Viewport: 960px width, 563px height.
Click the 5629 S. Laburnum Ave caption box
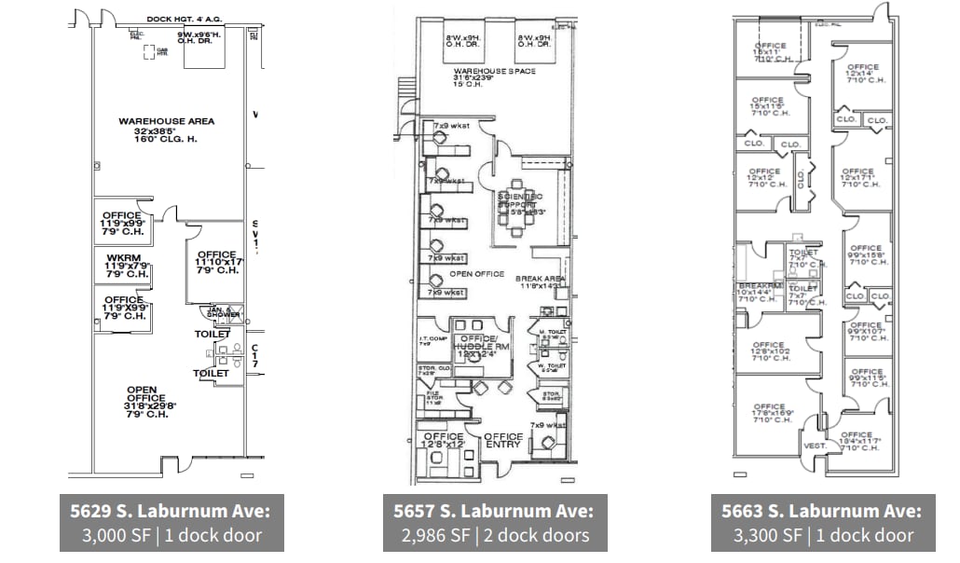171,523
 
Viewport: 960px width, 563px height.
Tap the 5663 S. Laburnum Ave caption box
822,523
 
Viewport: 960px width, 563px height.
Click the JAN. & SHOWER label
219,313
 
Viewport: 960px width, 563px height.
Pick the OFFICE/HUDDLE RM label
481,344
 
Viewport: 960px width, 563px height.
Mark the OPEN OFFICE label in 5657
477,274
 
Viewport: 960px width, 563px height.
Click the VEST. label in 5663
815,446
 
